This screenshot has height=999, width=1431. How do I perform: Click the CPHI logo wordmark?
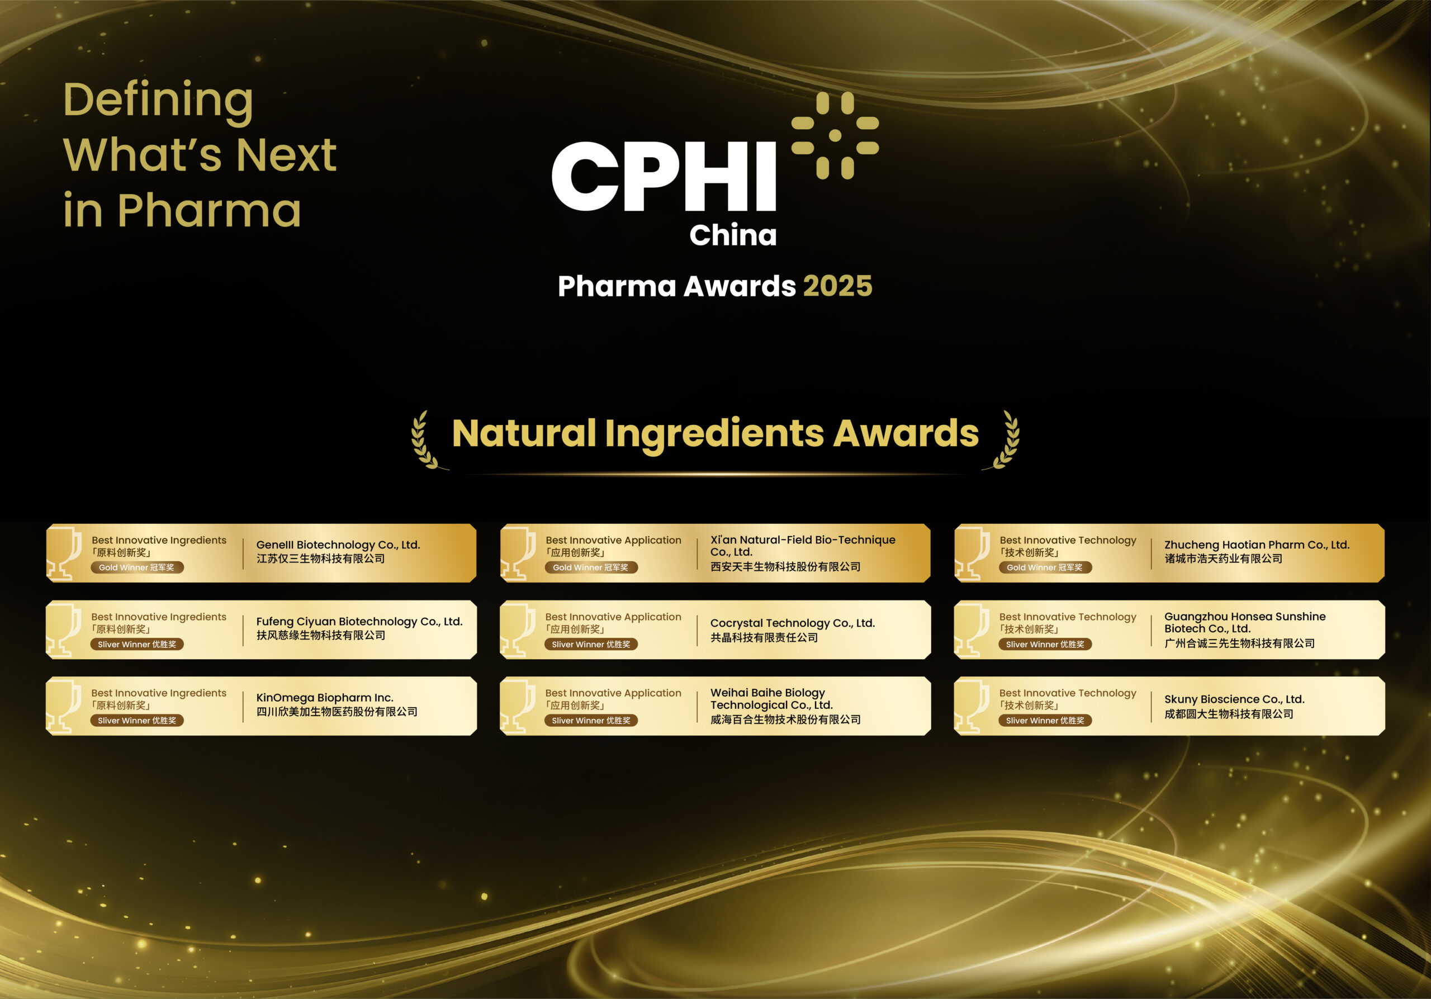pyautogui.click(x=664, y=176)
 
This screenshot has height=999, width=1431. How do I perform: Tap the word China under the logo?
pyautogui.click(x=733, y=235)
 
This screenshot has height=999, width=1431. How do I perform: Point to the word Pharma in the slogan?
pyautogui.click(x=210, y=210)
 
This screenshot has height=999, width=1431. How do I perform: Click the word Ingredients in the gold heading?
pyautogui.click(x=714, y=433)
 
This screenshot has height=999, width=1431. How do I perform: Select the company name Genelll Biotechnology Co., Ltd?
pyautogui.click(x=338, y=545)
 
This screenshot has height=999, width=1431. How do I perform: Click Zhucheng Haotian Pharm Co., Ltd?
pyautogui.click(x=1257, y=545)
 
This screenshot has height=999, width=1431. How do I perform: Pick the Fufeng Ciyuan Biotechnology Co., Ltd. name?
pyautogui.click(x=359, y=621)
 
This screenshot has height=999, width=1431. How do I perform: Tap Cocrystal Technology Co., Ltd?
pyautogui.click(x=792, y=623)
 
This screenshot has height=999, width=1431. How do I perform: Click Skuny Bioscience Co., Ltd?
pyautogui.click(x=1234, y=699)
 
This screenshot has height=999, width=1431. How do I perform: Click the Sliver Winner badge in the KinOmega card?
pyautogui.click(x=136, y=721)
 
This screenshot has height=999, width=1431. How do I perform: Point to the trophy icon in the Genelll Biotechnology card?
pyautogui.click(x=64, y=553)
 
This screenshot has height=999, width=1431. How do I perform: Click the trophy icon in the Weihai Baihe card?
pyautogui.click(x=518, y=706)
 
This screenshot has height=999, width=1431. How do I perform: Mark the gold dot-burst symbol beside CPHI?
pyautogui.click(x=835, y=135)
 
